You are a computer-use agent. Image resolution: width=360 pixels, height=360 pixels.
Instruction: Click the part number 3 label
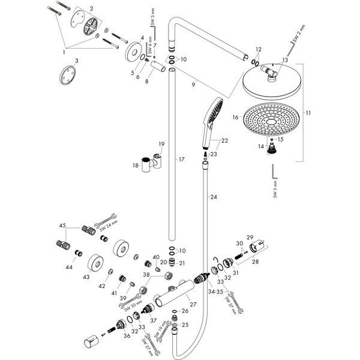click(76, 62)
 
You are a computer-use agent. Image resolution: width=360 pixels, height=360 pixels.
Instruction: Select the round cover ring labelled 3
click(67, 78)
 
